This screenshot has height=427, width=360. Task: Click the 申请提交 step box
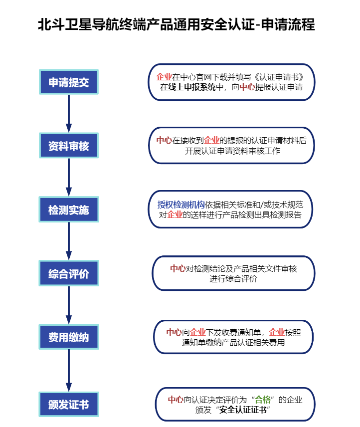coord(69,82)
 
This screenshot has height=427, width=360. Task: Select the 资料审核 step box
coord(69,146)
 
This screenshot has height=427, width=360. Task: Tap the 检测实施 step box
coord(69,210)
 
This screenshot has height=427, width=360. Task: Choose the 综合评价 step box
coord(69,274)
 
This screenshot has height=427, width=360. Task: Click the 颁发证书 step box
coord(69,404)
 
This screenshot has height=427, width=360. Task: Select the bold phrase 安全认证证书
coord(244,410)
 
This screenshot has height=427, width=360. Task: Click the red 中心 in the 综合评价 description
coord(178,268)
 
